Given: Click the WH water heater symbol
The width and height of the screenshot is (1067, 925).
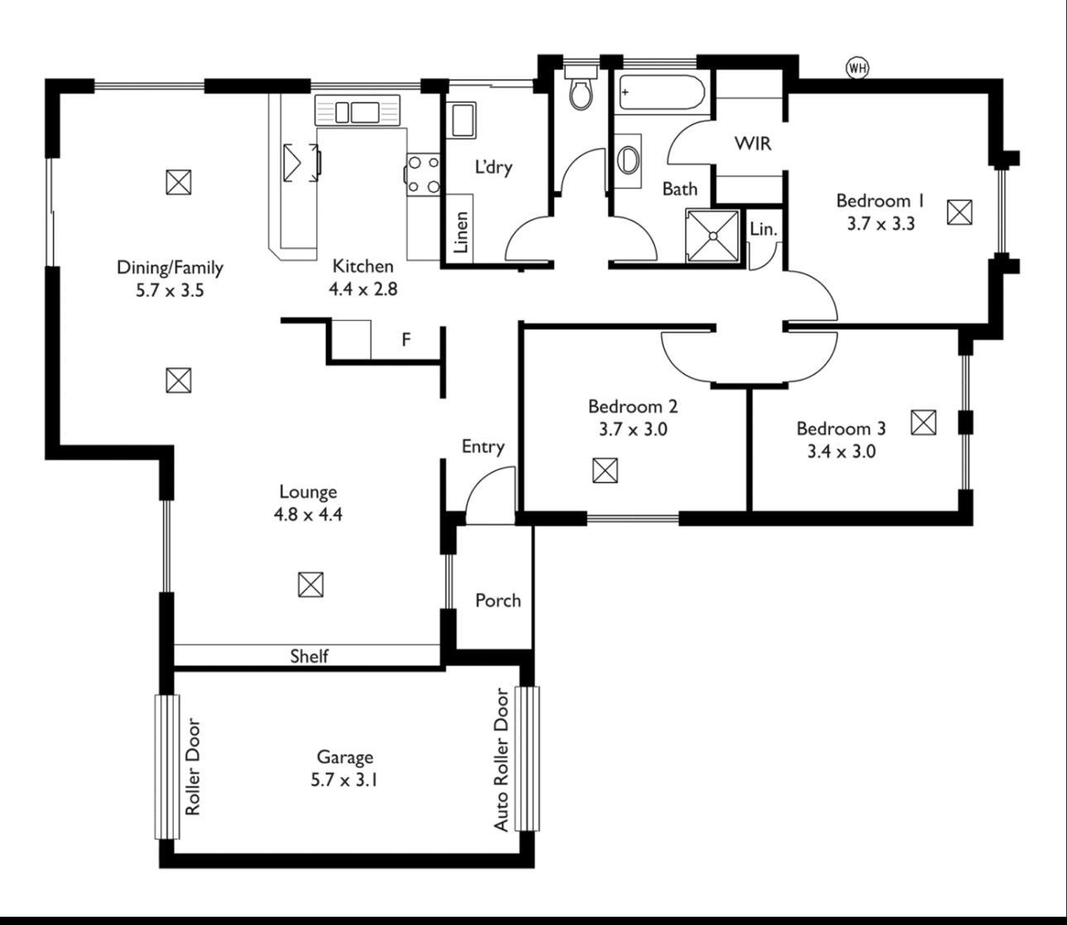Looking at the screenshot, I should coord(858,68).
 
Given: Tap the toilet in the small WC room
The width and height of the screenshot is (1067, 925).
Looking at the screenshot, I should coord(581,91).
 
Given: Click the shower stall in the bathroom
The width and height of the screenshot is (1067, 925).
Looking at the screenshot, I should coord(711,235).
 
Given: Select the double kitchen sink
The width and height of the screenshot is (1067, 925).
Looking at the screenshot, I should coord(356,111).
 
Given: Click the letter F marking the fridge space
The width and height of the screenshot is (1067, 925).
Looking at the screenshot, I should coord(406,339).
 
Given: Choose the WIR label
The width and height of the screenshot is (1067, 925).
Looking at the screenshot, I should coord(753,143).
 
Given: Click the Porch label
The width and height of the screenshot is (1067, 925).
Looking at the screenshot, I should coord(498,601).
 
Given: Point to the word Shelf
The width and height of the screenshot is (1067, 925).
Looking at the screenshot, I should coord(309,656).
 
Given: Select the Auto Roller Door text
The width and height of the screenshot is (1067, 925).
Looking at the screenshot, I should coord(501,760).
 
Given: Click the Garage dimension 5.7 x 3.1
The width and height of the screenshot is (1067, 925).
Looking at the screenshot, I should coord(345,779).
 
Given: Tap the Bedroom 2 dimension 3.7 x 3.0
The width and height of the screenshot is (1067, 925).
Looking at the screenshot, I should coord(633,429).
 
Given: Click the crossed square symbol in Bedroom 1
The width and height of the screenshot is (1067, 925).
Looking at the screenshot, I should coord(959,213).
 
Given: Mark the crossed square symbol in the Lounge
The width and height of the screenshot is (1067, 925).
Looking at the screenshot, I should coord(310,584).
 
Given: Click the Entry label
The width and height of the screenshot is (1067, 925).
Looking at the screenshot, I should coord(483,447).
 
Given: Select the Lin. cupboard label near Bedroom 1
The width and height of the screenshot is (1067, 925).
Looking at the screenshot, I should coord(763,229).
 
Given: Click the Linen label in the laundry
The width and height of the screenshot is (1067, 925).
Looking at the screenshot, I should coord(462,232).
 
